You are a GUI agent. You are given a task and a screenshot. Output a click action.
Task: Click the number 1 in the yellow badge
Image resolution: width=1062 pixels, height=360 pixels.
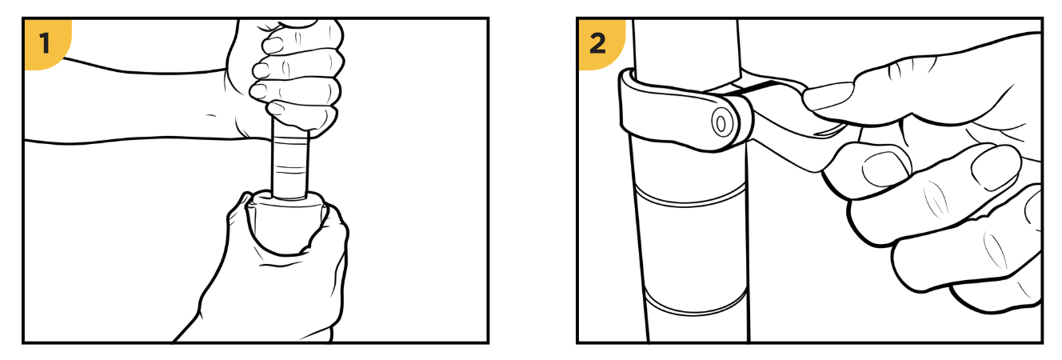(x=45, y=44)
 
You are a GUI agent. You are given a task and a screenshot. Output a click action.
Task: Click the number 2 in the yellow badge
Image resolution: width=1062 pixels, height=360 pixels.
(x=597, y=44)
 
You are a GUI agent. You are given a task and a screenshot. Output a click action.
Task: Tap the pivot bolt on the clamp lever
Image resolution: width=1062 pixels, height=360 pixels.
(x=721, y=124)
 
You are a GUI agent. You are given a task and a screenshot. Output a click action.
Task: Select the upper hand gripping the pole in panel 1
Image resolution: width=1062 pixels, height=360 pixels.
(x=289, y=71)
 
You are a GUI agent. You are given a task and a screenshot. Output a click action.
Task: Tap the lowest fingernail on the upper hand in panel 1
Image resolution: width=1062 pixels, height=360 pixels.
(x=275, y=109)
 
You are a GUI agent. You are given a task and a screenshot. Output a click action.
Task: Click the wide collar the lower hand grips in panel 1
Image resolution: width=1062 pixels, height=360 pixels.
(x=287, y=223)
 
